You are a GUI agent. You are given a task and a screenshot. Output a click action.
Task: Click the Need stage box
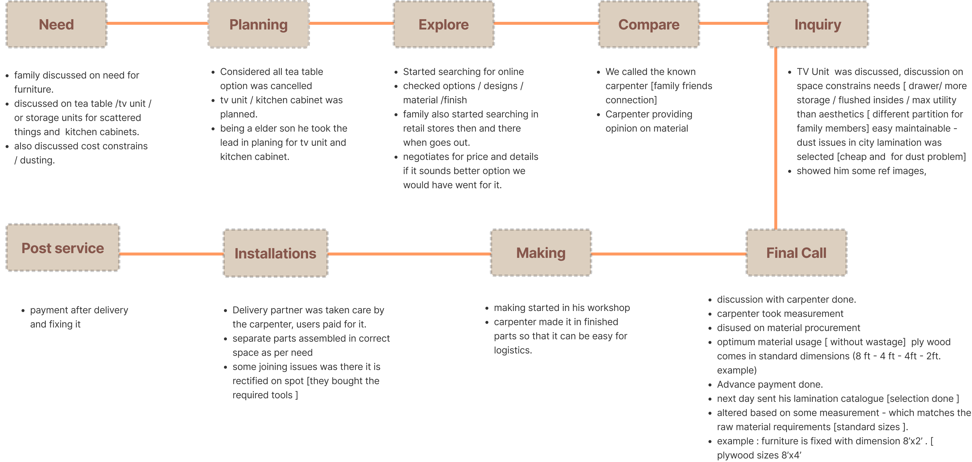click(x=57, y=24)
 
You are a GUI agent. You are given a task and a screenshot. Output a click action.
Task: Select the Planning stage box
click(x=258, y=24)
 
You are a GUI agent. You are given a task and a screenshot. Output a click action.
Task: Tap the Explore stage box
click(x=444, y=24)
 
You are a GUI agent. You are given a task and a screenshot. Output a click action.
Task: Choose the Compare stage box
click(x=649, y=24)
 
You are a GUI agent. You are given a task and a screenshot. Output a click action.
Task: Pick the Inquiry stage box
click(x=818, y=24)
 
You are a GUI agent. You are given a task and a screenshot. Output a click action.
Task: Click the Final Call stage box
click(x=796, y=253)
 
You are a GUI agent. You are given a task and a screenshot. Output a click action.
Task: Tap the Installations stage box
click(x=275, y=253)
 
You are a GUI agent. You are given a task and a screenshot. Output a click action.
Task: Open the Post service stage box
click(x=63, y=248)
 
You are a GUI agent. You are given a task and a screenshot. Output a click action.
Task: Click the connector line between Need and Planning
click(x=157, y=23)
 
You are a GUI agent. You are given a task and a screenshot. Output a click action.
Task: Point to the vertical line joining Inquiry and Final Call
click(x=776, y=138)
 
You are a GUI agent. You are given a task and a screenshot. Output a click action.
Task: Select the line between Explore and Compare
click(x=546, y=23)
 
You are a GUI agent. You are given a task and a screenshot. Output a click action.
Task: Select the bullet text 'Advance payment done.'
click(x=770, y=384)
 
